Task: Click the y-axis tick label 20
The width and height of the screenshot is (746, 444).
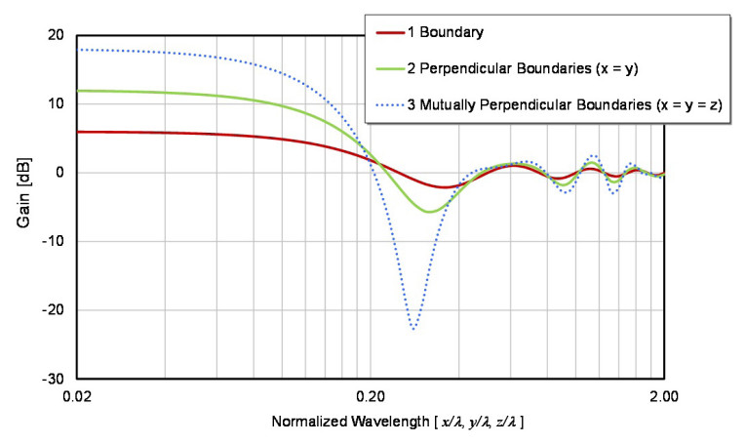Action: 57,35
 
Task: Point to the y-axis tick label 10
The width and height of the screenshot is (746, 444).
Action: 57,103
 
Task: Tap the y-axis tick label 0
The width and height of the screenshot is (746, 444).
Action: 60,173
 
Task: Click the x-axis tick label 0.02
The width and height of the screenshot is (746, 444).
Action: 77,397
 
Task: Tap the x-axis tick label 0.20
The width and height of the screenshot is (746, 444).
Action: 371,397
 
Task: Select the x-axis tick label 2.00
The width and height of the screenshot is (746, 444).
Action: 664,397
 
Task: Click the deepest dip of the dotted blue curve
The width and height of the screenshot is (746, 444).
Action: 414,329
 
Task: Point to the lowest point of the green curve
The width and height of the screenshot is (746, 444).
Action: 428,212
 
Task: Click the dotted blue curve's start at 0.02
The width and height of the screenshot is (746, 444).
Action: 80,50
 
